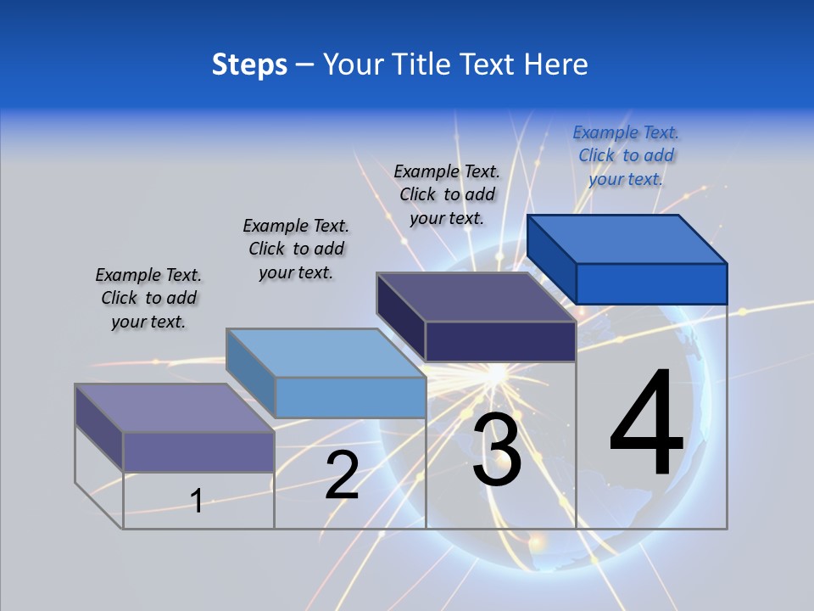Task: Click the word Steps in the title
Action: tap(249, 64)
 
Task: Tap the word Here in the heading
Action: tap(556, 64)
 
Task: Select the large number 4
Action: tap(647, 424)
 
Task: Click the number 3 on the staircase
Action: tap(497, 450)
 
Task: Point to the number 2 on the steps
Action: tap(342, 475)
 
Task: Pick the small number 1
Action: tap(197, 501)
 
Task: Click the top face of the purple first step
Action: tap(175, 408)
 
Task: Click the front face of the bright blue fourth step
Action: tap(651, 283)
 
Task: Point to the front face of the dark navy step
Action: tap(500, 341)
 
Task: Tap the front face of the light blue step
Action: tap(350, 397)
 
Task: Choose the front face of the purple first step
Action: tap(198, 451)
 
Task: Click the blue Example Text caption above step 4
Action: tap(626, 155)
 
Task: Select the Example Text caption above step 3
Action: tap(447, 194)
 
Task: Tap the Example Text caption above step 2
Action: tap(296, 249)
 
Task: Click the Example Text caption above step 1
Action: tap(148, 298)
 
